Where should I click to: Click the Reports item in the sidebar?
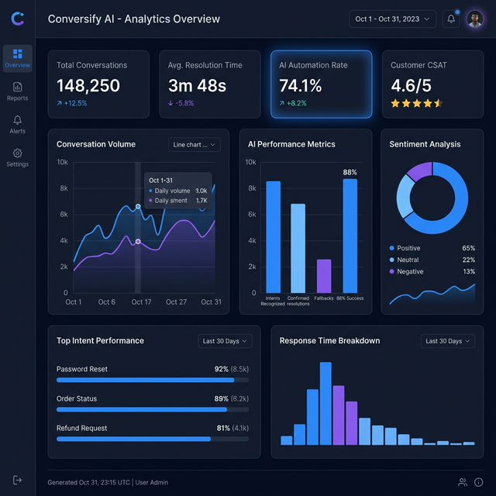pyautogui.click(x=17, y=91)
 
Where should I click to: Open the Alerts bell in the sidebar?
pyautogui.click(x=17, y=124)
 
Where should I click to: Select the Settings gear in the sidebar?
pyautogui.click(x=17, y=157)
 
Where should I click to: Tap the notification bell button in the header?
pyautogui.click(x=451, y=19)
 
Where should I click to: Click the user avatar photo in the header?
pyautogui.click(x=474, y=19)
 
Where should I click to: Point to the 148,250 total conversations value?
pyautogui.click(x=88, y=85)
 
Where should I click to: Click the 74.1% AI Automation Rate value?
pyautogui.click(x=301, y=85)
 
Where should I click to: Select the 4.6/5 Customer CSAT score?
pyautogui.click(x=411, y=85)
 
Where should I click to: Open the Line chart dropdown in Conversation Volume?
pyautogui.click(x=195, y=144)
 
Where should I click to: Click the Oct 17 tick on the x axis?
pyautogui.click(x=142, y=302)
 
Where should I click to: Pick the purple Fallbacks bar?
pyautogui.click(x=324, y=276)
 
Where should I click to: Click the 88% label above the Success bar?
pyautogui.click(x=350, y=172)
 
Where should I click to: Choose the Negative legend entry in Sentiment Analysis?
pyautogui.click(x=411, y=271)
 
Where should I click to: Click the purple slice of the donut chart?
pyautogui.click(x=419, y=171)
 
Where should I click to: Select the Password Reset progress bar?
pyautogui.click(x=146, y=380)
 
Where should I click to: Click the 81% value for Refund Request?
pyautogui.click(x=222, y=428)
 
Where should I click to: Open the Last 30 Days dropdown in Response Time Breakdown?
pyautogui.click(x=448, y=341)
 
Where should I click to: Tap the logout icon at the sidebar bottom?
pyautogui.click(x=17, y=480)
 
